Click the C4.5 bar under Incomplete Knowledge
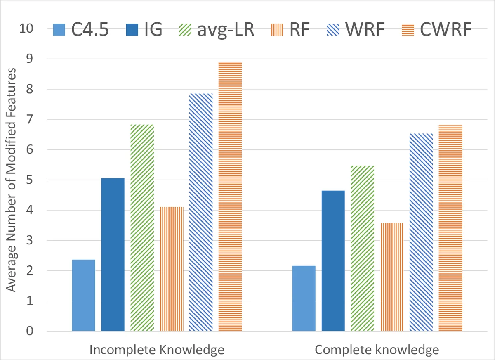click(x=83, y=295)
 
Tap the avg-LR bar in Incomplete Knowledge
click(x=142, y=227)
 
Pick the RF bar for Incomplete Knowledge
click(x=172, y=269)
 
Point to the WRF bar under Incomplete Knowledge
click(x=201, y=212)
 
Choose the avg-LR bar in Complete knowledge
click(x=363, y=248)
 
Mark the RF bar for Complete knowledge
click(x=392, y=277)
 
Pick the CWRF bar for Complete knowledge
click(x=450, y=228)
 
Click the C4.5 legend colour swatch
click(x=60, y=30)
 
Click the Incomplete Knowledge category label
click(x=157, y=350)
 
